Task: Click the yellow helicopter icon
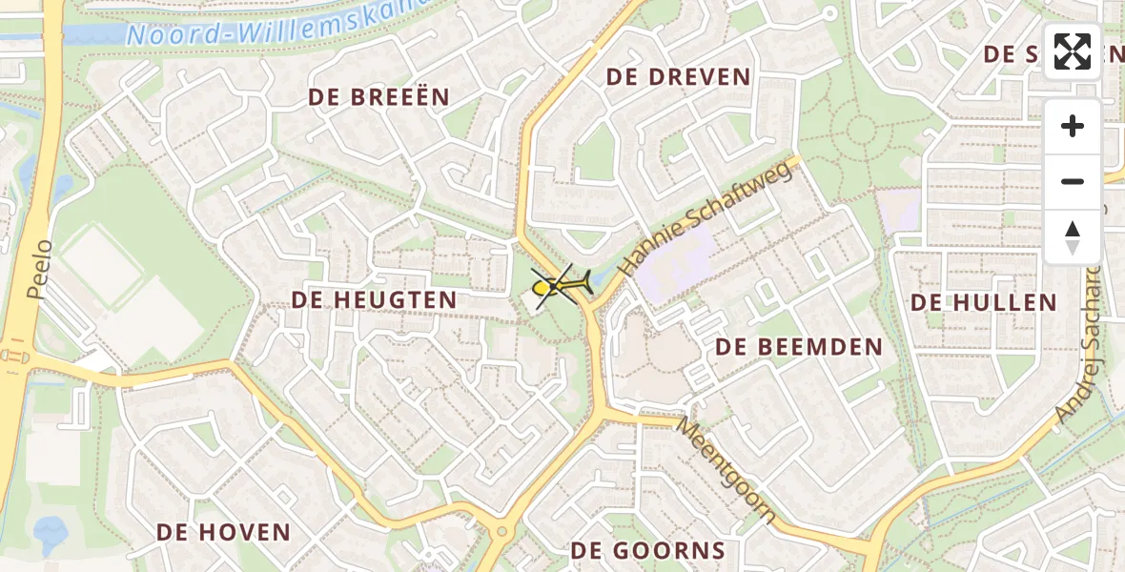[x=562, y=284]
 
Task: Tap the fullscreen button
[x=1073, y=51]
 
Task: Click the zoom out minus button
[x=1073, y=182]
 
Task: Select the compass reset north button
[x=1073, y=236]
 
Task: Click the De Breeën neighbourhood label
[x=378, y=97]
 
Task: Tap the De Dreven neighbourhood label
[x=678, y=77]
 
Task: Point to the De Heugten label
[x=374, y=300]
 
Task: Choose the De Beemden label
[x=799, y=347]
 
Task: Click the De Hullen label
[x=983, y=303]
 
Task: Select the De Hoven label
[x=223, y=532]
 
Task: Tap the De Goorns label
[x=647, y=550]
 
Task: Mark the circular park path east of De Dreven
[x=860, y=130]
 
